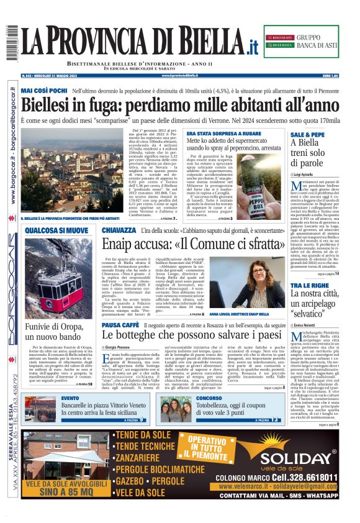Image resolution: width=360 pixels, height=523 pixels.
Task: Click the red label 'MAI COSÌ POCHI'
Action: click(44, 91)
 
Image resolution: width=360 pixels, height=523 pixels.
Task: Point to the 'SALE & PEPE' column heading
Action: click(307, 134)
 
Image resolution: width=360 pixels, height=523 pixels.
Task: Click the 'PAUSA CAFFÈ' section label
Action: click(120, 324)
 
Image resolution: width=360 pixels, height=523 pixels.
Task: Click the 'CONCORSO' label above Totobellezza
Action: click(209, 398)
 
